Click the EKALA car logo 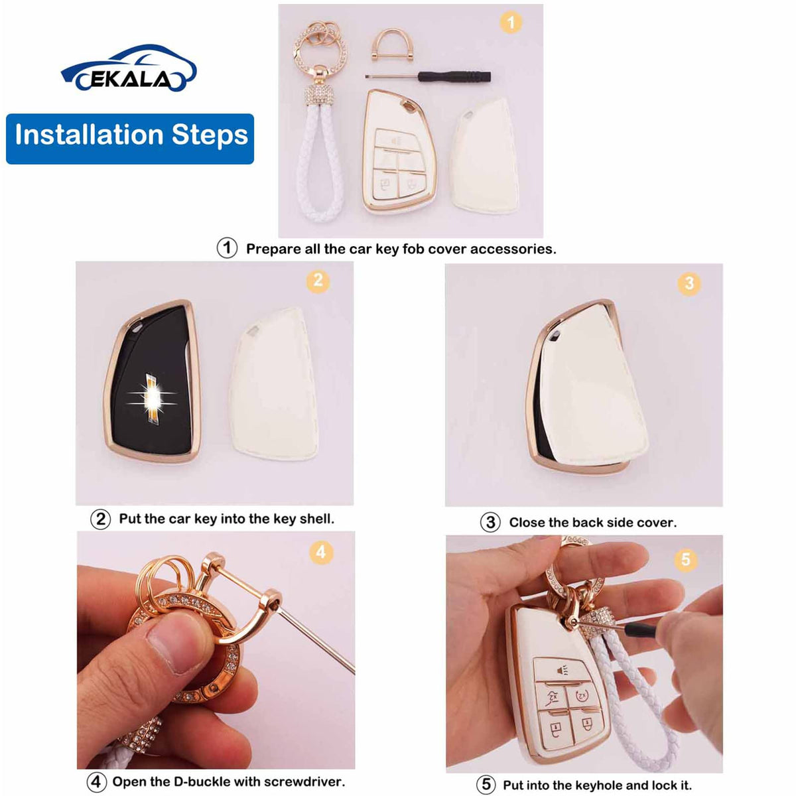pyautogui.click(x=129, y=68)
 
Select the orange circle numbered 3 pyautogui.click(x=689, y=283)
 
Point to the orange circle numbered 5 pyautogui.click(x=686, y=560)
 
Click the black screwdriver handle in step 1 pyautogui.click(x=454, y=76)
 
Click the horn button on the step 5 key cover pyautogui.click(x=563, y=671)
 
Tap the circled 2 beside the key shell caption pyautogui.click(x=100, y=519)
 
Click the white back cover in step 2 pyautogui.click(x=273, y=384)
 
